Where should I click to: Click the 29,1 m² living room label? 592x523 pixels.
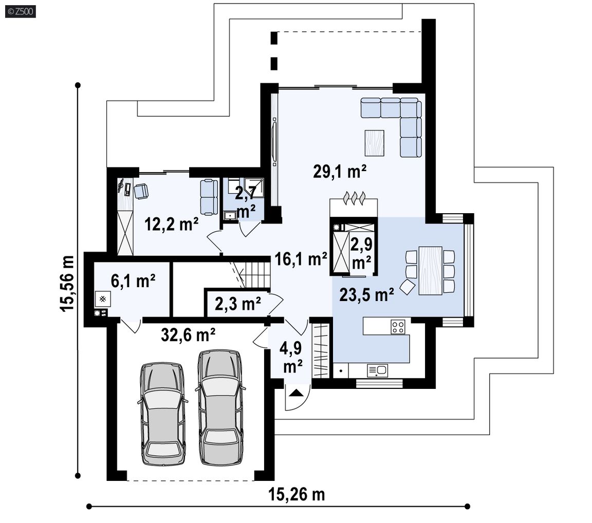(x=339, y=171)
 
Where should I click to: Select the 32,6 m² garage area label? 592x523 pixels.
(x=188, y=334)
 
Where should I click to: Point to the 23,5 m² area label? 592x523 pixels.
(x=366, y=294)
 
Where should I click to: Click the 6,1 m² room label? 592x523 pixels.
(x=133, y=281)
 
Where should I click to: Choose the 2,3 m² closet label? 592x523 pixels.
(x=238, y=304)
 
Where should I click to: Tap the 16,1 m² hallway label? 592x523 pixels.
(x=301, y=259)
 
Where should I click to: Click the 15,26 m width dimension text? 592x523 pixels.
(x=297, y=494)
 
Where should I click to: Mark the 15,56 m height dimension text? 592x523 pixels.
(x=67, y=284)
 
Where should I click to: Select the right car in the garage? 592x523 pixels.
(x=220, y=407)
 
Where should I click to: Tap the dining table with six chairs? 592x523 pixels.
(x=431, y=271)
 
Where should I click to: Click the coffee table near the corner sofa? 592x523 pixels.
(x=375, y=143)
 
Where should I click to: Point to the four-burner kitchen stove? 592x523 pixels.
(x=398, y=327)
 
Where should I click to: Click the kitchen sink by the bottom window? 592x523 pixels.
(x=378, y=370)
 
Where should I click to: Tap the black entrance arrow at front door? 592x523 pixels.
(x=297, y=393)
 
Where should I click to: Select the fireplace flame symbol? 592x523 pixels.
(x=354, y=198)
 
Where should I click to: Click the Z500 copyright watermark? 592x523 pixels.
(x=21, y=11)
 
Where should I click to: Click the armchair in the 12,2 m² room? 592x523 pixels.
(x=141, y=191)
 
